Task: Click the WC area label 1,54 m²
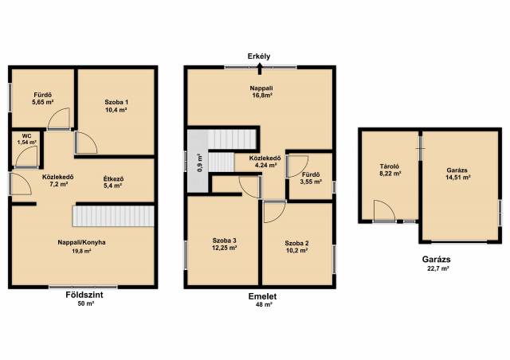(x=26, y=142)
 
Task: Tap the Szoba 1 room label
(x=116, y=102)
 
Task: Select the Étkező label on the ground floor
(x=113, y=179)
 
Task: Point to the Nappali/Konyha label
(x=81, y=242)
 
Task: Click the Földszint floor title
(x=84, y=295)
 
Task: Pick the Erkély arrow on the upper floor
(x=260, y=69)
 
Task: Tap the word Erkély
(x=259, y=57)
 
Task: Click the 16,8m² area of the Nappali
(x=261, y=96)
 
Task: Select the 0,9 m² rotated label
(x=200, y=163)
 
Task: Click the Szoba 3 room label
(x=225, y=241)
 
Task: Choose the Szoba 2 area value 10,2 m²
(x=296, y=250)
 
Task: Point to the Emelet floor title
(x=262, y=296)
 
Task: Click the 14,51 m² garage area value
(x=458, y=178)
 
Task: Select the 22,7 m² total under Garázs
(x=436, y=268)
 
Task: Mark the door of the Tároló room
(x=384, y=211)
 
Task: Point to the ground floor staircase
(x=113, y=216)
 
